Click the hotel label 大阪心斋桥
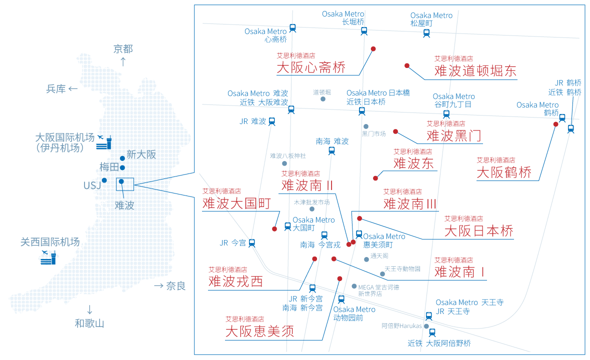point(311,67)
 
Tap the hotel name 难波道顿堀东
point(475,71)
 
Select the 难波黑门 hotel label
point(454,136)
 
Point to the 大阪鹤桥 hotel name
point(504,172)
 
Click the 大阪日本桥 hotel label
point(478,231)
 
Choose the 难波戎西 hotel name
point(235,281)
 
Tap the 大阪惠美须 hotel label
point(259,331)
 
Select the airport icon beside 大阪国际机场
point(104,142)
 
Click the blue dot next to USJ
point(104,180)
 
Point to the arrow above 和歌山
point(89,309)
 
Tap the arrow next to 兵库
point(73,89)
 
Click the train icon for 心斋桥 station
point(292,28)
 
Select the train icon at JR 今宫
point(251,243)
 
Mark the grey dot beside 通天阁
point(366,259)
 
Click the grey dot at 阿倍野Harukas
point(426,326)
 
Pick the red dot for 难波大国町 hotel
point(274,228)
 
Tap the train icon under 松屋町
point(426,33)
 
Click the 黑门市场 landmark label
point(373,134)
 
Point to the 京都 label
point(123,49)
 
